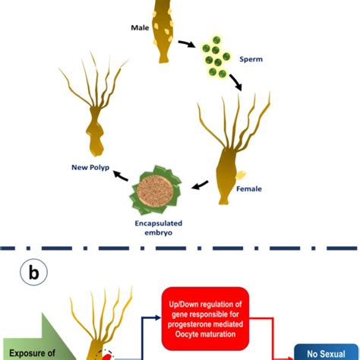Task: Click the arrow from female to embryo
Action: (x=201, y=185)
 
